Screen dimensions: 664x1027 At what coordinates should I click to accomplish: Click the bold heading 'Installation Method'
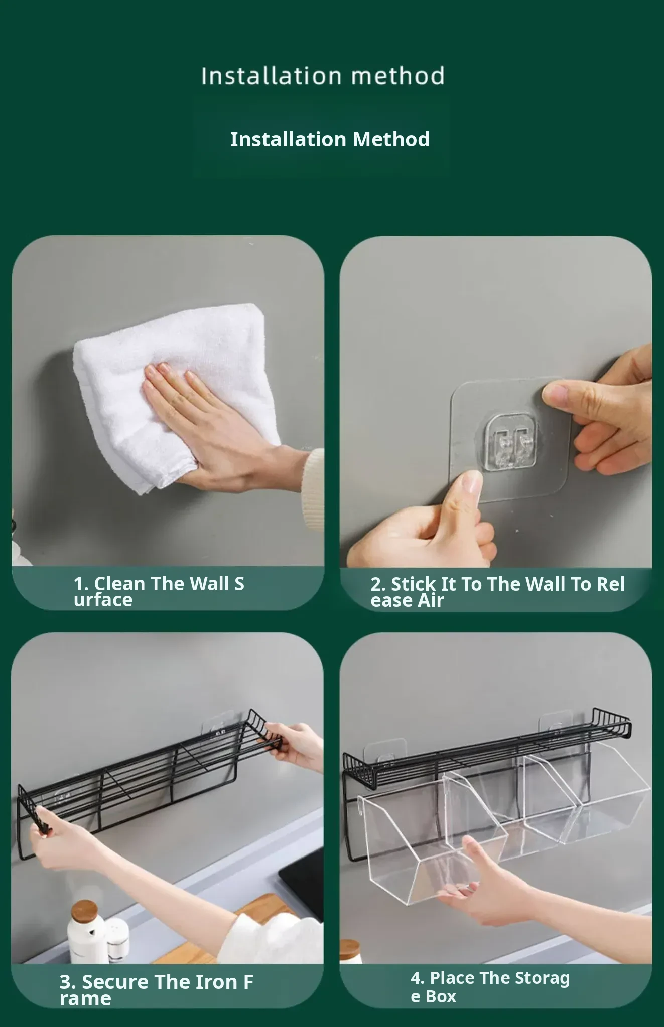(x=330, y=139)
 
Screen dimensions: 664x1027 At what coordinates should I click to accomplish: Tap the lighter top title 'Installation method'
(x=323, y=76)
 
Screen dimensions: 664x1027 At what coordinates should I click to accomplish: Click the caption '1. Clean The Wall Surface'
(x=159, y=592)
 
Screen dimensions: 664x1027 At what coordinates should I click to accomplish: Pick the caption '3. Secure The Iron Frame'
(x=157, y=990)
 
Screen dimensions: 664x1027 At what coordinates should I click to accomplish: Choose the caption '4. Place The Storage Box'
(x=490, y=986)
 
